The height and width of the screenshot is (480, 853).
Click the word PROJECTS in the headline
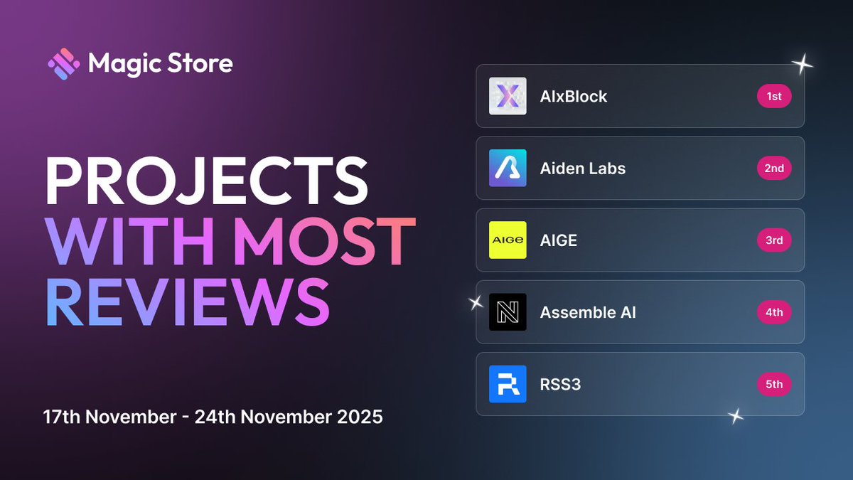[207, 182]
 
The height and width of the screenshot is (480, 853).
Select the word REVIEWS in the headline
[188, 299]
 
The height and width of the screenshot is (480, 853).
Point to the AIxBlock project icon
[508, 96]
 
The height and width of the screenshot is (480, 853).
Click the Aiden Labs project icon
[508, 168]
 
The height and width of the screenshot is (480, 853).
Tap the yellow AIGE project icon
[508, 240]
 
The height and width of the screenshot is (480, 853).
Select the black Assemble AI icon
[508, 312]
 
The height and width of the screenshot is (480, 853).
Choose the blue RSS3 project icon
[508, 384]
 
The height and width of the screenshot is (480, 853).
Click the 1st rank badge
[774, 96]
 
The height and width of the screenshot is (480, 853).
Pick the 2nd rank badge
[774, 168]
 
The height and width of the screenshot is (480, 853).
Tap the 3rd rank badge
[774, 240]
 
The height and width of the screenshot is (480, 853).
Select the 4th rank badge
[774, 312]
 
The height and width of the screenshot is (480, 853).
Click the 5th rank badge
[774, 384]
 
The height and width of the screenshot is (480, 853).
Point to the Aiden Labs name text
[583, 169]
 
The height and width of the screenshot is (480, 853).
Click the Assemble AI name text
[588, 312]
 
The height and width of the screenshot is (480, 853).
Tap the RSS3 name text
[561, 385]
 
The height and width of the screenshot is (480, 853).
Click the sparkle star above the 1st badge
[803, 65]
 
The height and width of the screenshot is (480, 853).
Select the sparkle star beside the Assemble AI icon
[476, 303]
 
